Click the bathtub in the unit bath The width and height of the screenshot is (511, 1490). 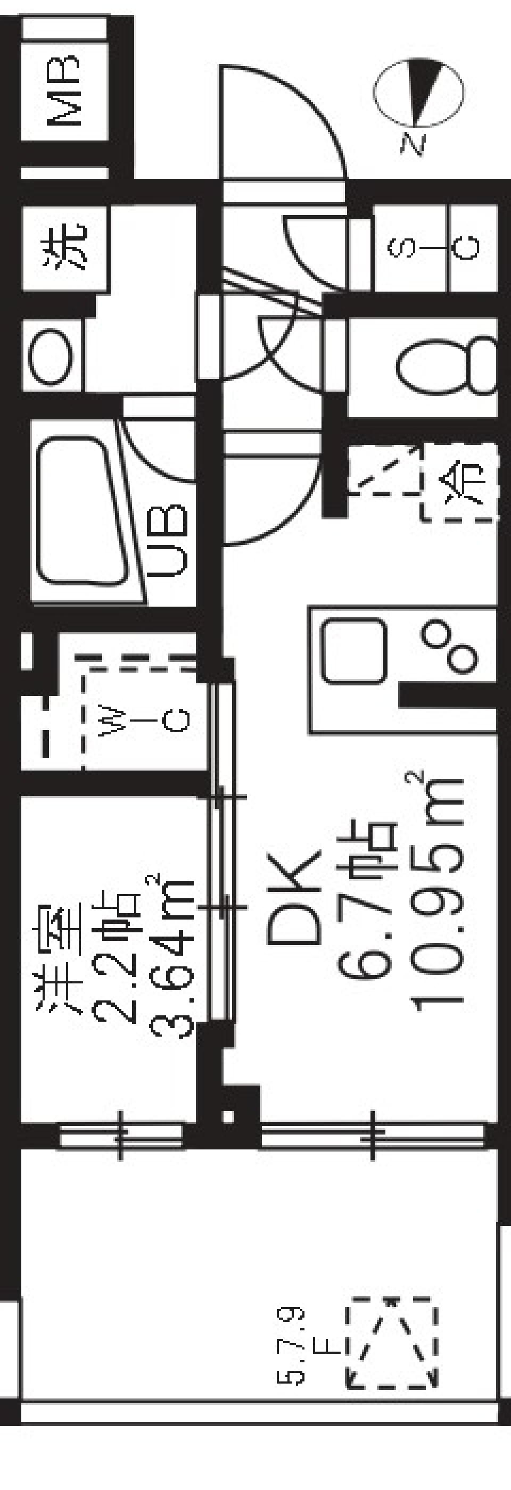(x=81, y=512)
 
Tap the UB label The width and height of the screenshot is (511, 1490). (x=173, y=541)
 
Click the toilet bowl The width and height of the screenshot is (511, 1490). (x=446, y=366)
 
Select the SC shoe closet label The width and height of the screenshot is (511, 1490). (x=433, y=247)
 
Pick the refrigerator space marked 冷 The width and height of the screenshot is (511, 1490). (x=460, y=481)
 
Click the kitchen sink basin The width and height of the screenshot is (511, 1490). (x=353, y=651)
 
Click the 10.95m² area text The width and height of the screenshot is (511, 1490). (x=439, y=893)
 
